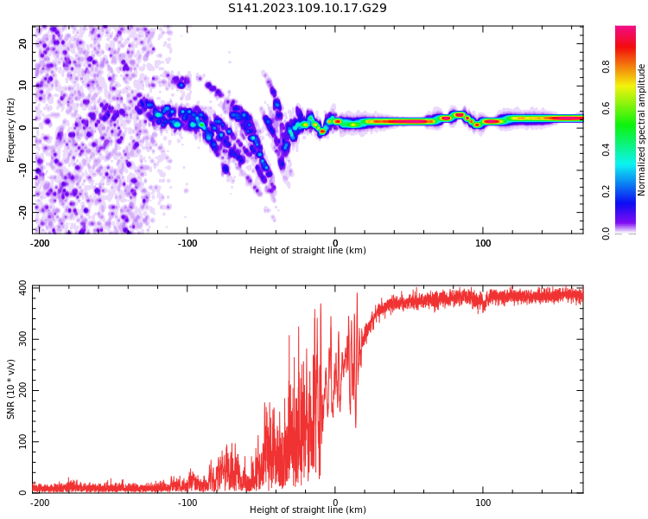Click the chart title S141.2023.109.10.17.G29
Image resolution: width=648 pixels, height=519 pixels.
[x=308, y=8]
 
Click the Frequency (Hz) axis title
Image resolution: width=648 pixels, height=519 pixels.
[x=11, y=130]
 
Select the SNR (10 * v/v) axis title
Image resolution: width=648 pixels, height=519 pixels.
[x=11, y=389]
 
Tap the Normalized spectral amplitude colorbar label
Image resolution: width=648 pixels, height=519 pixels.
[x=642, y=130]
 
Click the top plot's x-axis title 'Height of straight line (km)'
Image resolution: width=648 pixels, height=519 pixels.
[x=308, y=250]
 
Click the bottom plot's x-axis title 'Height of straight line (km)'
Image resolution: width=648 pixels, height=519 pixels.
[x=308, y=509]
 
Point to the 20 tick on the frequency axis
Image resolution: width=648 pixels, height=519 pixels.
[x=23, y=43]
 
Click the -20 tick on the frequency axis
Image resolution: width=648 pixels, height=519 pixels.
[x=22, y=210]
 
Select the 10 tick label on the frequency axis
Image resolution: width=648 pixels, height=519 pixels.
[x=23, y=85]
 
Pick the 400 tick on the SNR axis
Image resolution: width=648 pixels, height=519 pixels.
[x=20, y=286]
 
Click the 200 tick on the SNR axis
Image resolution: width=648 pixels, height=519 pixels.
[x=20, y=390]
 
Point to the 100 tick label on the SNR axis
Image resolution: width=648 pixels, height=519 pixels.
[x=20, y=442]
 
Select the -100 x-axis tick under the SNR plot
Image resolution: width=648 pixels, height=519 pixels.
[x=187, y=503]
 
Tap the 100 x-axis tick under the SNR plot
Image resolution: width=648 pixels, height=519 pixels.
[x=483, y=503]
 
